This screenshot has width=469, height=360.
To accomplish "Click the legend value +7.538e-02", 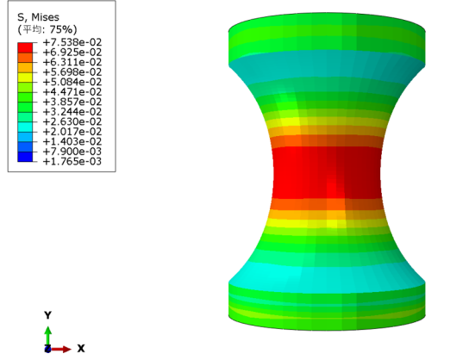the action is click(72, 42).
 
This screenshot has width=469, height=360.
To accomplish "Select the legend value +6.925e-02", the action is click(72, 53).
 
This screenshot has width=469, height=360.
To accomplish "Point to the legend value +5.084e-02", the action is click(72, 82).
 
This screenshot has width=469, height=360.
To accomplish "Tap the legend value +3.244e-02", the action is click(72, 112).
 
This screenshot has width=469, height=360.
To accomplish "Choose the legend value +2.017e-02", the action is click(72, 132).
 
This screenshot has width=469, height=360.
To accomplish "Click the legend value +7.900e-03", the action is click(72, 152).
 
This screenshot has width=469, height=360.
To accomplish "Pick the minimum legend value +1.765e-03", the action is click(72, 161).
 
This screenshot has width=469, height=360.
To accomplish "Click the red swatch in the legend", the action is click(25, 47).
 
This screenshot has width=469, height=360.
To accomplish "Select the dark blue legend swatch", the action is click(25, 157).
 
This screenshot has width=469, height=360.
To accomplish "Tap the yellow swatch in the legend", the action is click(25, 77).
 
